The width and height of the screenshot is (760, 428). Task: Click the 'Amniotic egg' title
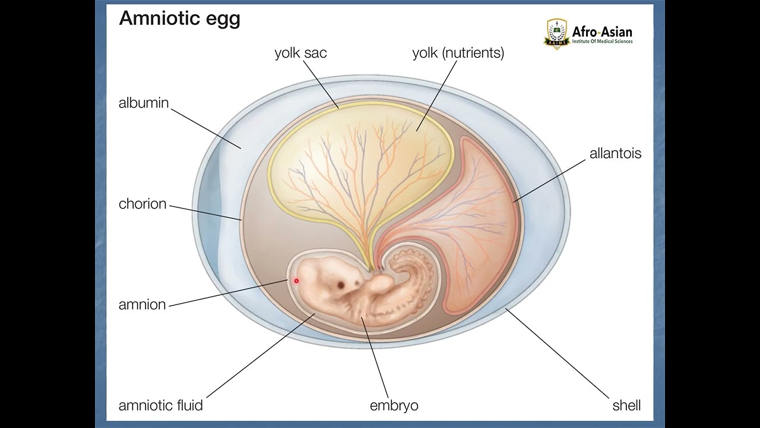pos(179,18)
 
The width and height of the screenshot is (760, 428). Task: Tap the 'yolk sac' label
pos(300,53)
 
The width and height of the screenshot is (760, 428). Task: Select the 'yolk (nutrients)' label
pos(458,53)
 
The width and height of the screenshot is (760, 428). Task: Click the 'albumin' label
pos(144,103)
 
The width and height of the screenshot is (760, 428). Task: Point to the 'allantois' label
pos(615,153)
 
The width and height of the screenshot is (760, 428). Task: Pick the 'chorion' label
pos(142,204)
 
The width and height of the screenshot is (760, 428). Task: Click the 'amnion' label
pos(142,305)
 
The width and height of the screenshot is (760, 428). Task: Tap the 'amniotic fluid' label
pos(161,406)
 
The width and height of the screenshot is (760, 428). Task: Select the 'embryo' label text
pos(394,406)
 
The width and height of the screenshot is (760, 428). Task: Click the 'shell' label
pos(626,406)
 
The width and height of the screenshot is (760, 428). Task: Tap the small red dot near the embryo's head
pos(296,281)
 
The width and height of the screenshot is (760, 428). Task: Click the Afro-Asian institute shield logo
pos(556,34)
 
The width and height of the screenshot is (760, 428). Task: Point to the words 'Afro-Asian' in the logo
pos(602,32)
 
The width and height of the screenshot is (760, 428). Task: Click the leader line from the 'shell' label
pos(558,354)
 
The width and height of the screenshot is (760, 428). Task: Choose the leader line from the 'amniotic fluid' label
pos(261,357)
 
